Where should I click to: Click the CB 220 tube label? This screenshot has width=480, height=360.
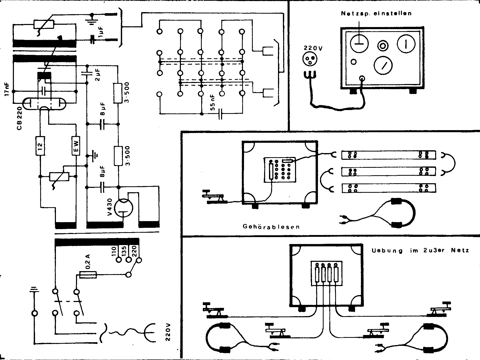click(20, 119)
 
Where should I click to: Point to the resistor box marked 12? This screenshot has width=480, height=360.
click(40, 145)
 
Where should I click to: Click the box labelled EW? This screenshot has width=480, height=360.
click(76, 145)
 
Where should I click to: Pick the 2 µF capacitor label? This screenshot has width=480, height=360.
click(98, 75)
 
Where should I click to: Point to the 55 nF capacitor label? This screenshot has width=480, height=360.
click(213, 102)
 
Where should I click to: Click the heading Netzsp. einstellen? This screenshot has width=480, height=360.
click(376, 13)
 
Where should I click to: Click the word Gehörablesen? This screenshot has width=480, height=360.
click(271, 227)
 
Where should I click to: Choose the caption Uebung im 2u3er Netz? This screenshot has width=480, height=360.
click(420, 250)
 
